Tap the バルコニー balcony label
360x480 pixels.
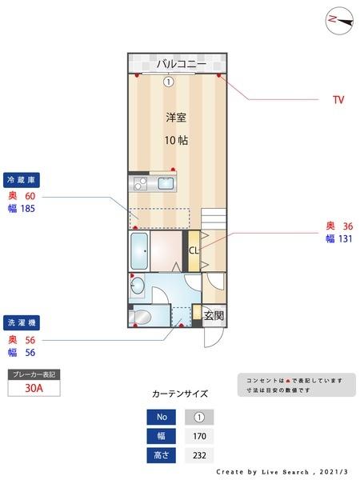(181, 63)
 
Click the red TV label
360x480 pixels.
(338, 100)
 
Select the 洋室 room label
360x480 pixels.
(176, 118)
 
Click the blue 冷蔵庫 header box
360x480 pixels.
(22, 179)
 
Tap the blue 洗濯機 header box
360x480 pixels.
(22, 323)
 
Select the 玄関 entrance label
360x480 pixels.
(214, 315)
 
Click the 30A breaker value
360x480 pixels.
(34, 388)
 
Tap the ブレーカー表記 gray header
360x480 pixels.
(34, 374)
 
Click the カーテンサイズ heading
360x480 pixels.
(180, 394)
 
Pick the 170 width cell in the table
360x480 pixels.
(199, 436)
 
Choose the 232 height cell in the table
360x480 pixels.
(199, 455)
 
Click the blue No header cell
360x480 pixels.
(161, 417)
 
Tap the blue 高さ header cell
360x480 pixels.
(161, 455)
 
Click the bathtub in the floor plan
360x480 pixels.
(139, 252)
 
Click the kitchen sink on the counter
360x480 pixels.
(166, 184)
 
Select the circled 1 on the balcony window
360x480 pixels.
(168, 81)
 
